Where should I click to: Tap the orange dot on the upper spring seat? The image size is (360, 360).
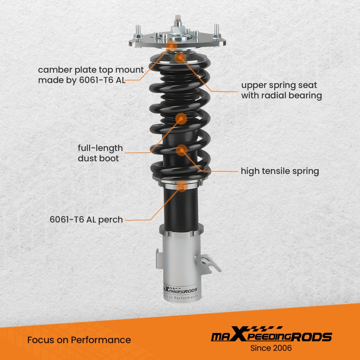click(180, 57)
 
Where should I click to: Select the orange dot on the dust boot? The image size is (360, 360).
click(181, 118)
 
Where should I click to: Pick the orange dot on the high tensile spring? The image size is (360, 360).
click(182, 150)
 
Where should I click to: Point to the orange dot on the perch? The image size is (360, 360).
click(182, 186)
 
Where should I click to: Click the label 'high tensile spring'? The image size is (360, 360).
click(280, 171)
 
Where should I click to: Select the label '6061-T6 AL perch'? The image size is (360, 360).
click(86, 219)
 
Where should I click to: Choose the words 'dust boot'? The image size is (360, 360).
click(98, 158)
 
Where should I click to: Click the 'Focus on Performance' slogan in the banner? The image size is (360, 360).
click(79, 339)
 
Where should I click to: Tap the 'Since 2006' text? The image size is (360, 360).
click(271, 348)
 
